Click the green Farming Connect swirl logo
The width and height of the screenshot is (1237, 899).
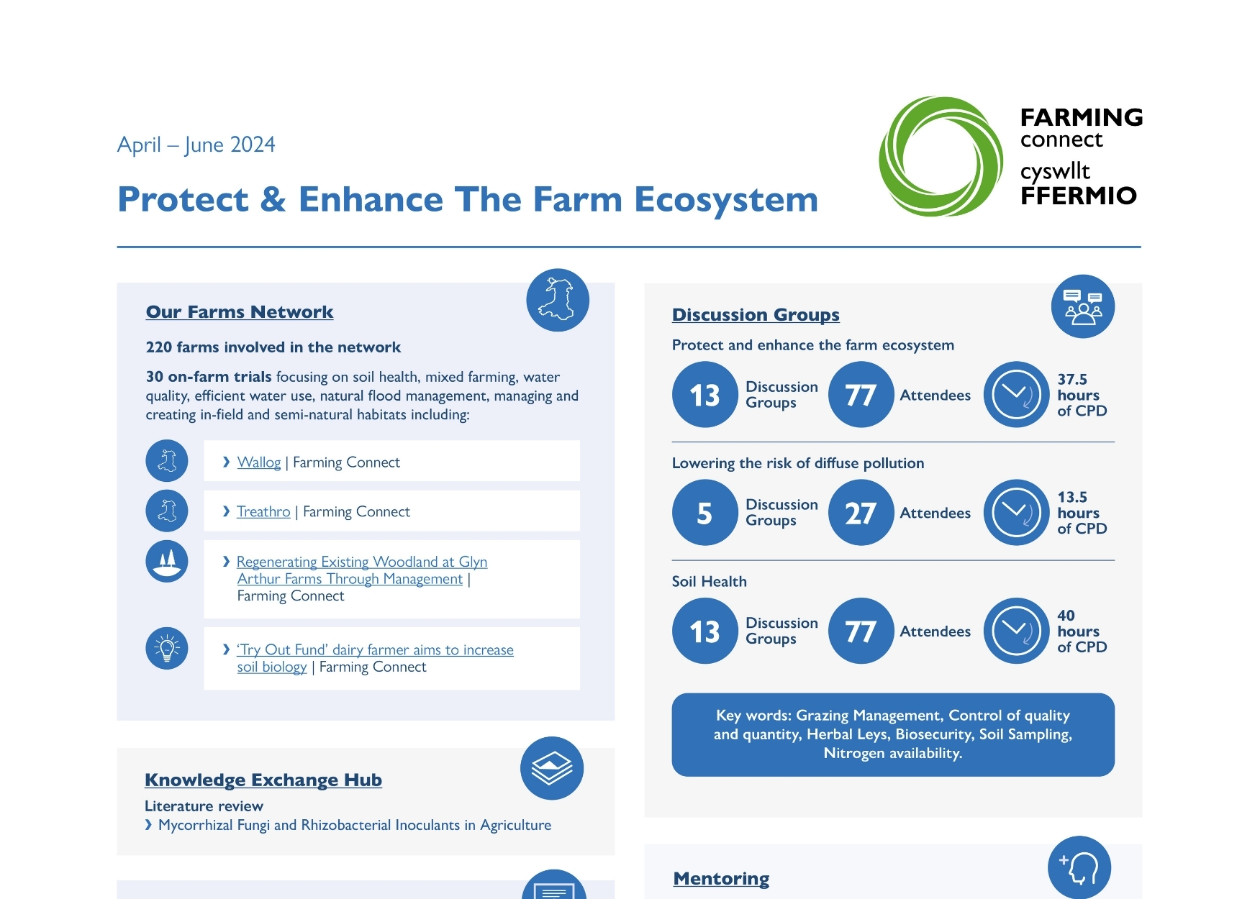(x=941, y=157)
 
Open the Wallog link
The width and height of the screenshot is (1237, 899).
(x=259, y=462)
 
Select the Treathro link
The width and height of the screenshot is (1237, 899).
(x=263, y=511)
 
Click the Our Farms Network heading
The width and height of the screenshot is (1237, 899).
(x=239, y=312)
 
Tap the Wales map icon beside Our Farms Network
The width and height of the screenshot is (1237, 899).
(x=558, y=300)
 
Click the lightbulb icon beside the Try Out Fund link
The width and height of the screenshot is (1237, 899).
(x=167, y=648)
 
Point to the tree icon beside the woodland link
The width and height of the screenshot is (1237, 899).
(x=167, y=561)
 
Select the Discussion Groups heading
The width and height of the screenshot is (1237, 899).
(x=756, y=315)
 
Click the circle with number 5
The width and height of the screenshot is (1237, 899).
(x=704, y=513)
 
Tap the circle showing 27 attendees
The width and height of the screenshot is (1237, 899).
(x=861, y=513)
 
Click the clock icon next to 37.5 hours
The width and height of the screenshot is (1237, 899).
(x=1016, y=395)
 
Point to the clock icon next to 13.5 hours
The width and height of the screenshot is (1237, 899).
(x=1016, y=513)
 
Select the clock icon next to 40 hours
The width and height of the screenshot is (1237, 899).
(x=1016, y=631)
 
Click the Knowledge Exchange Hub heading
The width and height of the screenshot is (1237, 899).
(x=263, y=780)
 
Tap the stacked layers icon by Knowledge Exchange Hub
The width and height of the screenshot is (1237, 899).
(x=552, y=768)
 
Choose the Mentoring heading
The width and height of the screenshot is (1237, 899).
(x=721, y=879)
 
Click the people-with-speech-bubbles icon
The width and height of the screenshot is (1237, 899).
(x=1083, y=306)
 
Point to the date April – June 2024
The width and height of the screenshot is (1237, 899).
(x=196, y=145)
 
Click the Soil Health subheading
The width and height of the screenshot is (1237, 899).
(x=709, y=582)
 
